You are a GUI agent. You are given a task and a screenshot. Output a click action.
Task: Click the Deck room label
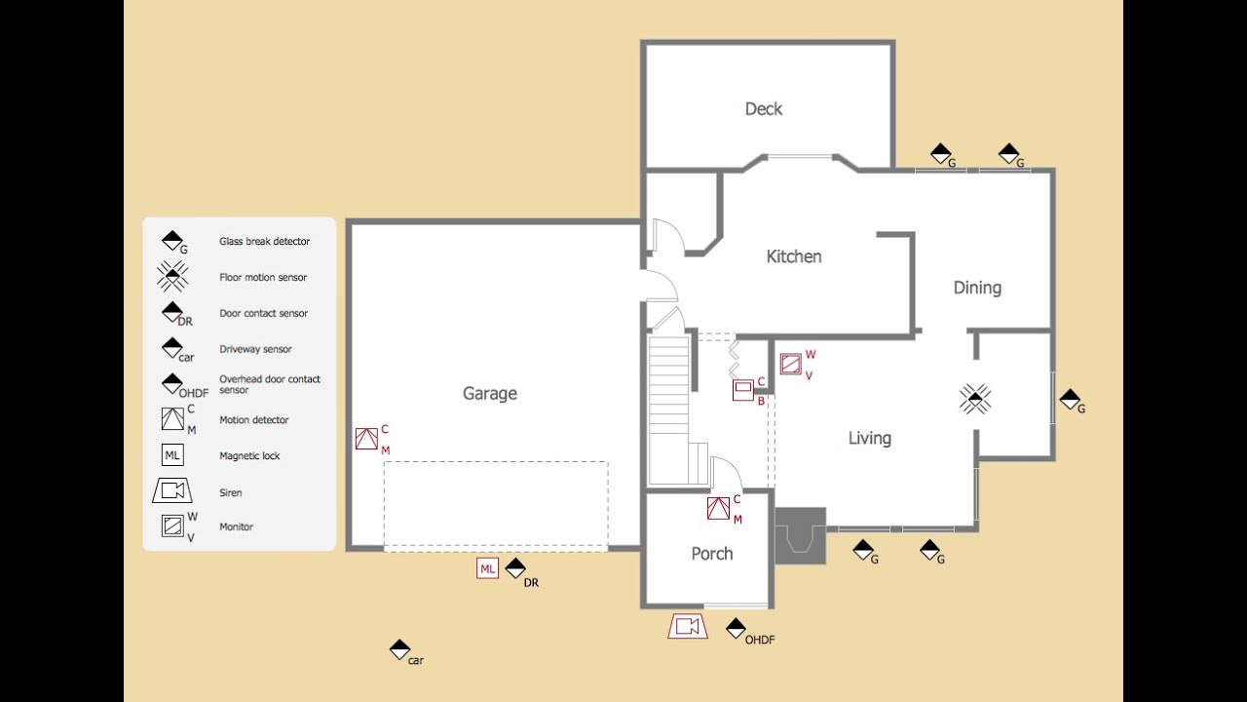(763, 108)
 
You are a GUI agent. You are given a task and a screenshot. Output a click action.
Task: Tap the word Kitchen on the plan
(794, 256)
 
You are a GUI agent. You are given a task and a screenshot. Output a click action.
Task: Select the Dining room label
(977, 288)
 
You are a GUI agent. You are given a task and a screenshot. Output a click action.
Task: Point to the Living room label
(870, 438)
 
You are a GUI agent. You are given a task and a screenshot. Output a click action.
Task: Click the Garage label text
(490, 393)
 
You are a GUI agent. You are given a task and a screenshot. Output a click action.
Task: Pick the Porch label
(712, 553)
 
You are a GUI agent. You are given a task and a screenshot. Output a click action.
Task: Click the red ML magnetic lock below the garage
(488, 568)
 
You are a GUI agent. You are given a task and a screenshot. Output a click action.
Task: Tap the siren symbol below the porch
(688, 626)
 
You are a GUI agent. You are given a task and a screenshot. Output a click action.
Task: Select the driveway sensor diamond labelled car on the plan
(399, 649)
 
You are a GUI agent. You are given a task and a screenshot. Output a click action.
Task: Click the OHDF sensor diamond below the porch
(736, 629)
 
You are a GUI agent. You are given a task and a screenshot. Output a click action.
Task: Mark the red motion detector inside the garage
(366, 439)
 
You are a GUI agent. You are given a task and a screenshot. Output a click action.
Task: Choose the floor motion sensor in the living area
(975, 399)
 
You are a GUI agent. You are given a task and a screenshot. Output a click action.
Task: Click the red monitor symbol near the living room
(790, 364)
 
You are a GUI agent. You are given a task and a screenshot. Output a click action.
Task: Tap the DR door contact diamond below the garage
(515, 568)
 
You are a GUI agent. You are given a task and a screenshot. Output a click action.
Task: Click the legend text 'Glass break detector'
(264, 241)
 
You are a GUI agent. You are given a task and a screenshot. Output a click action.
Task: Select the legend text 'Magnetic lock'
(249, 455)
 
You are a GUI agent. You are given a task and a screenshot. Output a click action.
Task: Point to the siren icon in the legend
(172, 490)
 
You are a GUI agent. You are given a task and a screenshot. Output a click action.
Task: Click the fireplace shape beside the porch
(801, 535)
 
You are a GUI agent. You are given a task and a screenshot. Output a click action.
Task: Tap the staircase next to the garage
(669, 409)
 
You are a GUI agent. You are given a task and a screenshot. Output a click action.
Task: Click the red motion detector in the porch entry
(718, 508)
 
